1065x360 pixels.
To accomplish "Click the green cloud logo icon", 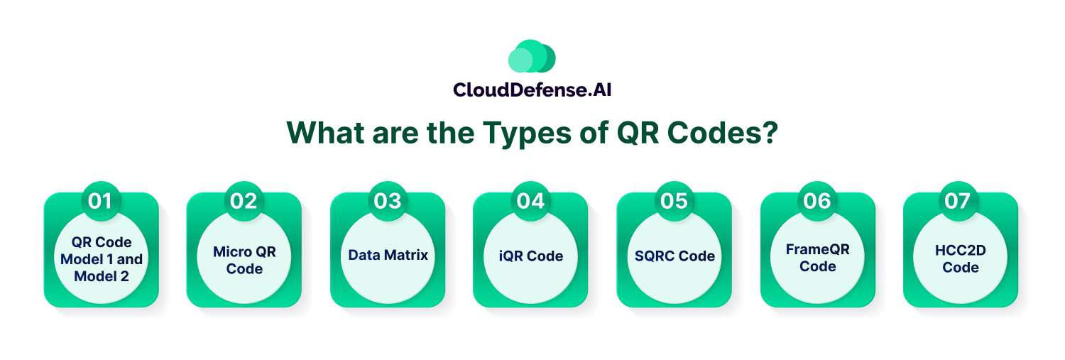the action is [532, 56].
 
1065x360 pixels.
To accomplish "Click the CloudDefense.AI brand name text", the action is [532, 90].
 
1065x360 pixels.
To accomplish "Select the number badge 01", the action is [100, 201].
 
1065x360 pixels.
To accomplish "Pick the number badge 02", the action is [244, 201].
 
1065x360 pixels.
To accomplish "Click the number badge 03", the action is [388, 201].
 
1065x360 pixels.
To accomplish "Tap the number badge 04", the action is [530, 201].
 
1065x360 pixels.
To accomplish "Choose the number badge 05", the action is [674, 201].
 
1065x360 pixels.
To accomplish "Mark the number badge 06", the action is [816, 201].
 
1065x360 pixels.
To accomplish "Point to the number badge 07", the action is [958, 201].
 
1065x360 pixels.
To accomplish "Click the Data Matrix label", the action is [388, 256].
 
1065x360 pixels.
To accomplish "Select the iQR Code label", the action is [531, 256].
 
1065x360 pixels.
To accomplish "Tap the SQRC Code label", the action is [674, 256].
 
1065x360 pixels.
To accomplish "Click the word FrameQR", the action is [818, 250].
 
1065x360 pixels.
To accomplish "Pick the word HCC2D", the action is [961, 251].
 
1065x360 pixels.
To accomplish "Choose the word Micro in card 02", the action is [229, 251].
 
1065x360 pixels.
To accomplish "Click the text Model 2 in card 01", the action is [102, 276].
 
